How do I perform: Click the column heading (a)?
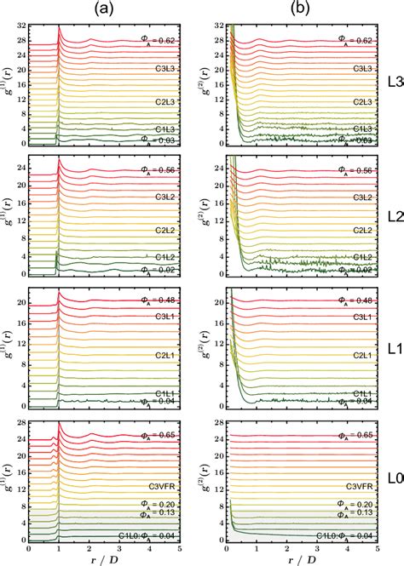click(x=114, y=10)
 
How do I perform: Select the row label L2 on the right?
click(x=393, y=216)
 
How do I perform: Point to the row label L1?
click(x=393, y=350)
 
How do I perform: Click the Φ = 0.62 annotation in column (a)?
click(x=158, y=39)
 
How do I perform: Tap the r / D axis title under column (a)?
click(x=114, y=559)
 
